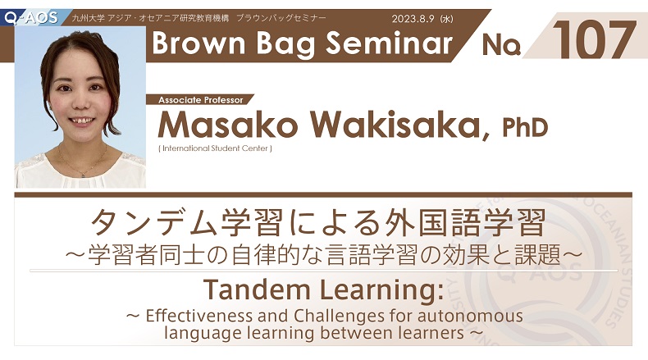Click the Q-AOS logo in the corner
point(31,18)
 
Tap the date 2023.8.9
point(413,19)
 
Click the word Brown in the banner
point(199,43)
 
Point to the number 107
point(595,39)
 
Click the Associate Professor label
point(201,100)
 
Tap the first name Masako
point(228,125)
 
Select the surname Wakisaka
point(399,125)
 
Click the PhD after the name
point(525,127)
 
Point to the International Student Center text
point(215,148)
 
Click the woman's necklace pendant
point(83,175)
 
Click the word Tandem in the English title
point(257,289)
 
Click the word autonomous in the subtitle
point(470,317)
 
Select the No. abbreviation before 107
point(501,44)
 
